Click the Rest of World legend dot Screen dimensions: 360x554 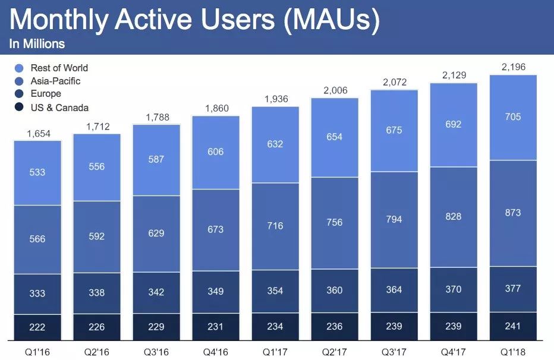(x=19, y=68)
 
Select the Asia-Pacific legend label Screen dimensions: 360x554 (x=55, y=81)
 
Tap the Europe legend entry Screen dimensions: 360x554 (x=46, y=94)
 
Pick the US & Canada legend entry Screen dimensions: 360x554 (x=59, y=108)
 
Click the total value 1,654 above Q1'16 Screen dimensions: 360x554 (x=37, y=134)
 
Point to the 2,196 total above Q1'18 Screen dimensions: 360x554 (x=513, y=67)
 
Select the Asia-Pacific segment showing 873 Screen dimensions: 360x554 (x=513, y=213)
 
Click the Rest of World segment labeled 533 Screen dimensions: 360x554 (x=37, y=172)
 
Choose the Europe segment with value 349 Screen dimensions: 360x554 (x=216, y=292)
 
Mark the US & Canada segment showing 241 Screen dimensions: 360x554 (x=513, y=326)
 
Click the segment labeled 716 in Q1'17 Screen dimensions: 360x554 (x=275, y=226)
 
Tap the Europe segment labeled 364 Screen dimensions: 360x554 (x=394, y=290)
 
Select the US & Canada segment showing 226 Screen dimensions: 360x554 (x=97, y=327)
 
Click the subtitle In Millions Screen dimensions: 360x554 (x=37, y=44)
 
